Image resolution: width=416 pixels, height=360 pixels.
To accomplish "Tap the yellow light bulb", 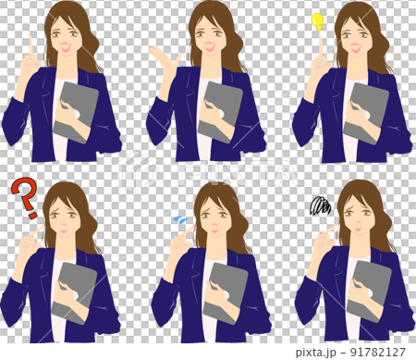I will (x=319, y=19).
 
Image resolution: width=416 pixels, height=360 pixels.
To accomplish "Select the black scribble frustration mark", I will (x=321, y=205).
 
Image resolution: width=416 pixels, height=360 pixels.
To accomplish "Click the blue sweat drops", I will (x=180, y=221).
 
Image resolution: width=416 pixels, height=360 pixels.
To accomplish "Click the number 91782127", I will (x=375, y=351).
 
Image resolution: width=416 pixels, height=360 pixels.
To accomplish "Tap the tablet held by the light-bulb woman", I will (x=368, y=112).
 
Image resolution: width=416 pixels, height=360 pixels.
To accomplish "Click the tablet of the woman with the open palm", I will (x=222, y=111).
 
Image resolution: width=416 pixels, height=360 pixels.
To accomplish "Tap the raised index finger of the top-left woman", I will (x=31, y=46).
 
